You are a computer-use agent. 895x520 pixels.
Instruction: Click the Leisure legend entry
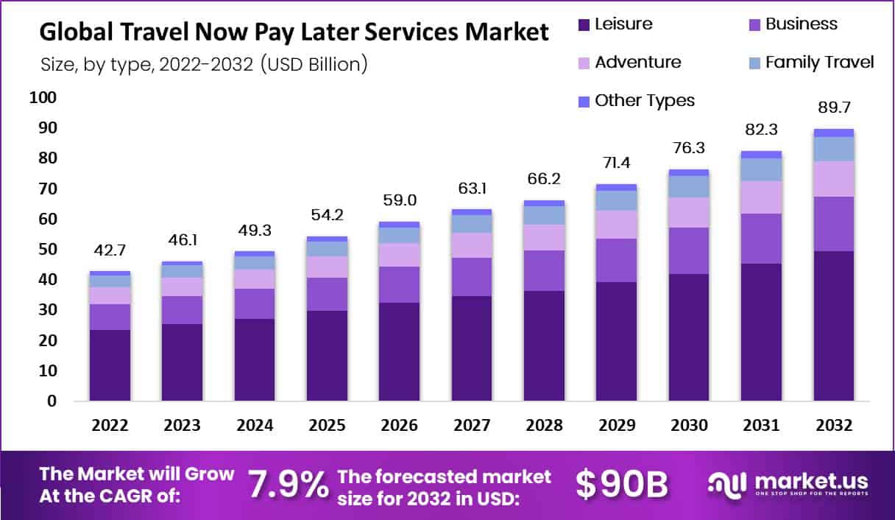(x=615, y=24)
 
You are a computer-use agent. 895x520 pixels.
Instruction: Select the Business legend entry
(x=793, y=24)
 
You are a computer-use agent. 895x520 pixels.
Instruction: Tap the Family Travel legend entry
(x=810, y=63)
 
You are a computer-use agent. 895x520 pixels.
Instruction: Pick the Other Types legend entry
(x=636, y=101)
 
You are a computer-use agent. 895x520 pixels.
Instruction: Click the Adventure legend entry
(x=629, y=63)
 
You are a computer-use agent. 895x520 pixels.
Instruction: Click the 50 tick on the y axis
(x=46, y=250)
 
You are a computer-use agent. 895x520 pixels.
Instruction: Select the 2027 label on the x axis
(x=471, y=426)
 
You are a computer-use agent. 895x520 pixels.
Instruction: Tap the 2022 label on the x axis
(x=110, y=426)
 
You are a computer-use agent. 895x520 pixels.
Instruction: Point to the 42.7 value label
(x=110, y=250)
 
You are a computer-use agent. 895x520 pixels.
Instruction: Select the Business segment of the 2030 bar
(x=689, y=250)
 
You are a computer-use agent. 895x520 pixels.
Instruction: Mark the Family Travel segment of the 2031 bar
(x=761, y=169)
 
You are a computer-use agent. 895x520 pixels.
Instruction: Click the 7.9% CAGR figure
(x=288, y=485)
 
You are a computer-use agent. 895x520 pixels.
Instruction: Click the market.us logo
(x=788, y=485)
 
